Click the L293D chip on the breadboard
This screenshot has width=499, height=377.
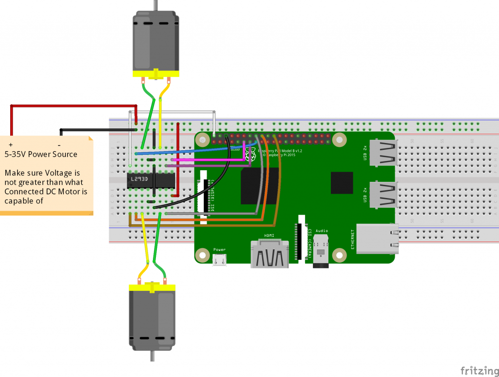(151, 179)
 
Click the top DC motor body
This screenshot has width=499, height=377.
(155, 41)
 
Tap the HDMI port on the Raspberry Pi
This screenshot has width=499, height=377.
(269, 253)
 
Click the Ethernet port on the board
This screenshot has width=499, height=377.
(377, 238)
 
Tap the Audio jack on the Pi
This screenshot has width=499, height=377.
(321, 251)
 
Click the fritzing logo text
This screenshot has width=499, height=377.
(478, 370)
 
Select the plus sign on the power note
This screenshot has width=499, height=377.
(11, 145)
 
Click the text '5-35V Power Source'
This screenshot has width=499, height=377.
(41, 154)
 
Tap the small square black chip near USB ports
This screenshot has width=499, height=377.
(342, 183)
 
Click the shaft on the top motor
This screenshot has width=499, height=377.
(155, 5)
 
